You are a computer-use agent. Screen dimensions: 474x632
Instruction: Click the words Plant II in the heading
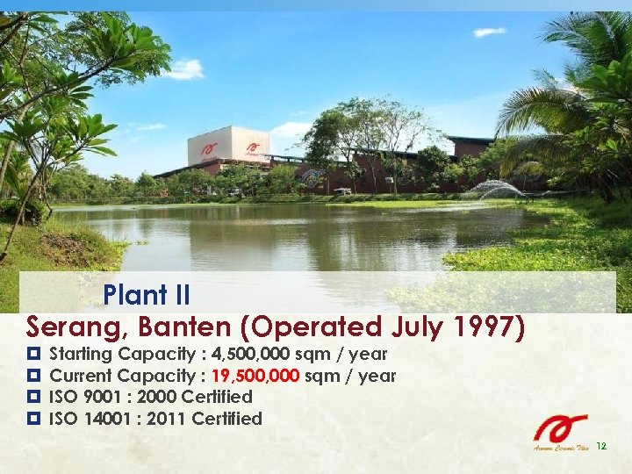coord(147,293)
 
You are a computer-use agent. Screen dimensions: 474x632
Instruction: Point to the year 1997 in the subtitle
coord(491,327)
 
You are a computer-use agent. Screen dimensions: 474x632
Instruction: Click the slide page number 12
coord(601,447)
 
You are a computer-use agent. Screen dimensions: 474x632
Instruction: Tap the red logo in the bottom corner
coord(562,429)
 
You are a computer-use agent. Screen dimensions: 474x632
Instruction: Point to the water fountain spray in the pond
coord(496,188)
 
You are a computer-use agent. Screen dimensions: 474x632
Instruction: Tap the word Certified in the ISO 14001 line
coord(226,419)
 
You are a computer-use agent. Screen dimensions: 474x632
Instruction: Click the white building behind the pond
coord(226,146)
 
